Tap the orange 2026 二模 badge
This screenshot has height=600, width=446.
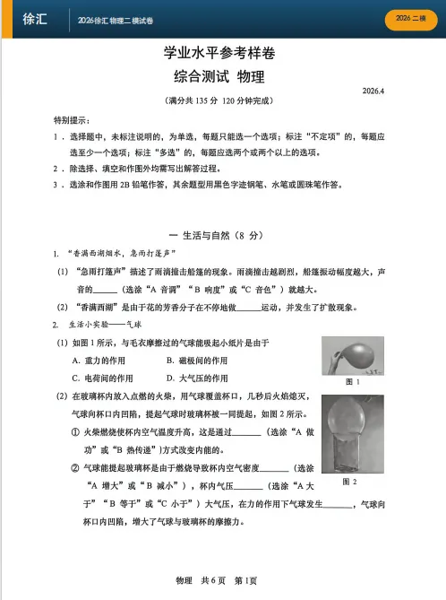point(407,19)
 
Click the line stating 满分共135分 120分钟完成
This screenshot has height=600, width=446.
point(211,101)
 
